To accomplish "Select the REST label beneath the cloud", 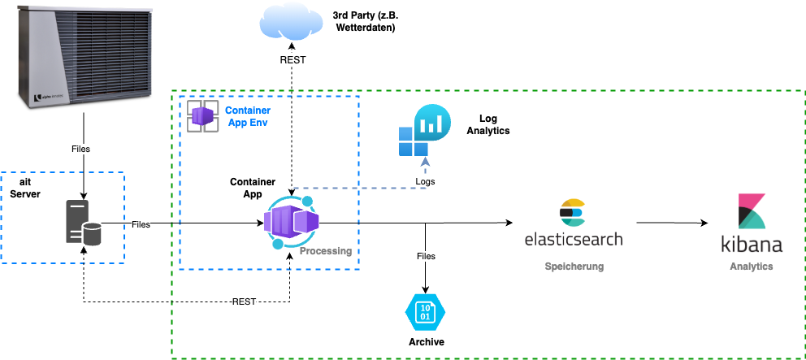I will pos(292,60).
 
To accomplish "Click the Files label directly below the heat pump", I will pos(80,150).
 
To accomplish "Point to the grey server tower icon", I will pos(76,222).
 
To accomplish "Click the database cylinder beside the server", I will pos(93,234).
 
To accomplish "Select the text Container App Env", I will pos(248,116).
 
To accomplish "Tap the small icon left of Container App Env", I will pos(203,115).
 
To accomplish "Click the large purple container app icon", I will pos(291,222).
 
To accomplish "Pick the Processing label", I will pos(325,251).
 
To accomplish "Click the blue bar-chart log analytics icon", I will pos(424,130).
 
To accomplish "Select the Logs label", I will pos(425,181).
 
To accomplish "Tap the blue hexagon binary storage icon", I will pos(425,312).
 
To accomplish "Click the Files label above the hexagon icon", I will pos(426,256).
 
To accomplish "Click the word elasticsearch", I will pos(574,240).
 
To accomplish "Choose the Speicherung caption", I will pos(574,267).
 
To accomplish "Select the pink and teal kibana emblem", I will pos(751,211).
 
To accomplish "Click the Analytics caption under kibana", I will pos(751,267).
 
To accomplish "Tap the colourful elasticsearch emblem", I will pos(573,212).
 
